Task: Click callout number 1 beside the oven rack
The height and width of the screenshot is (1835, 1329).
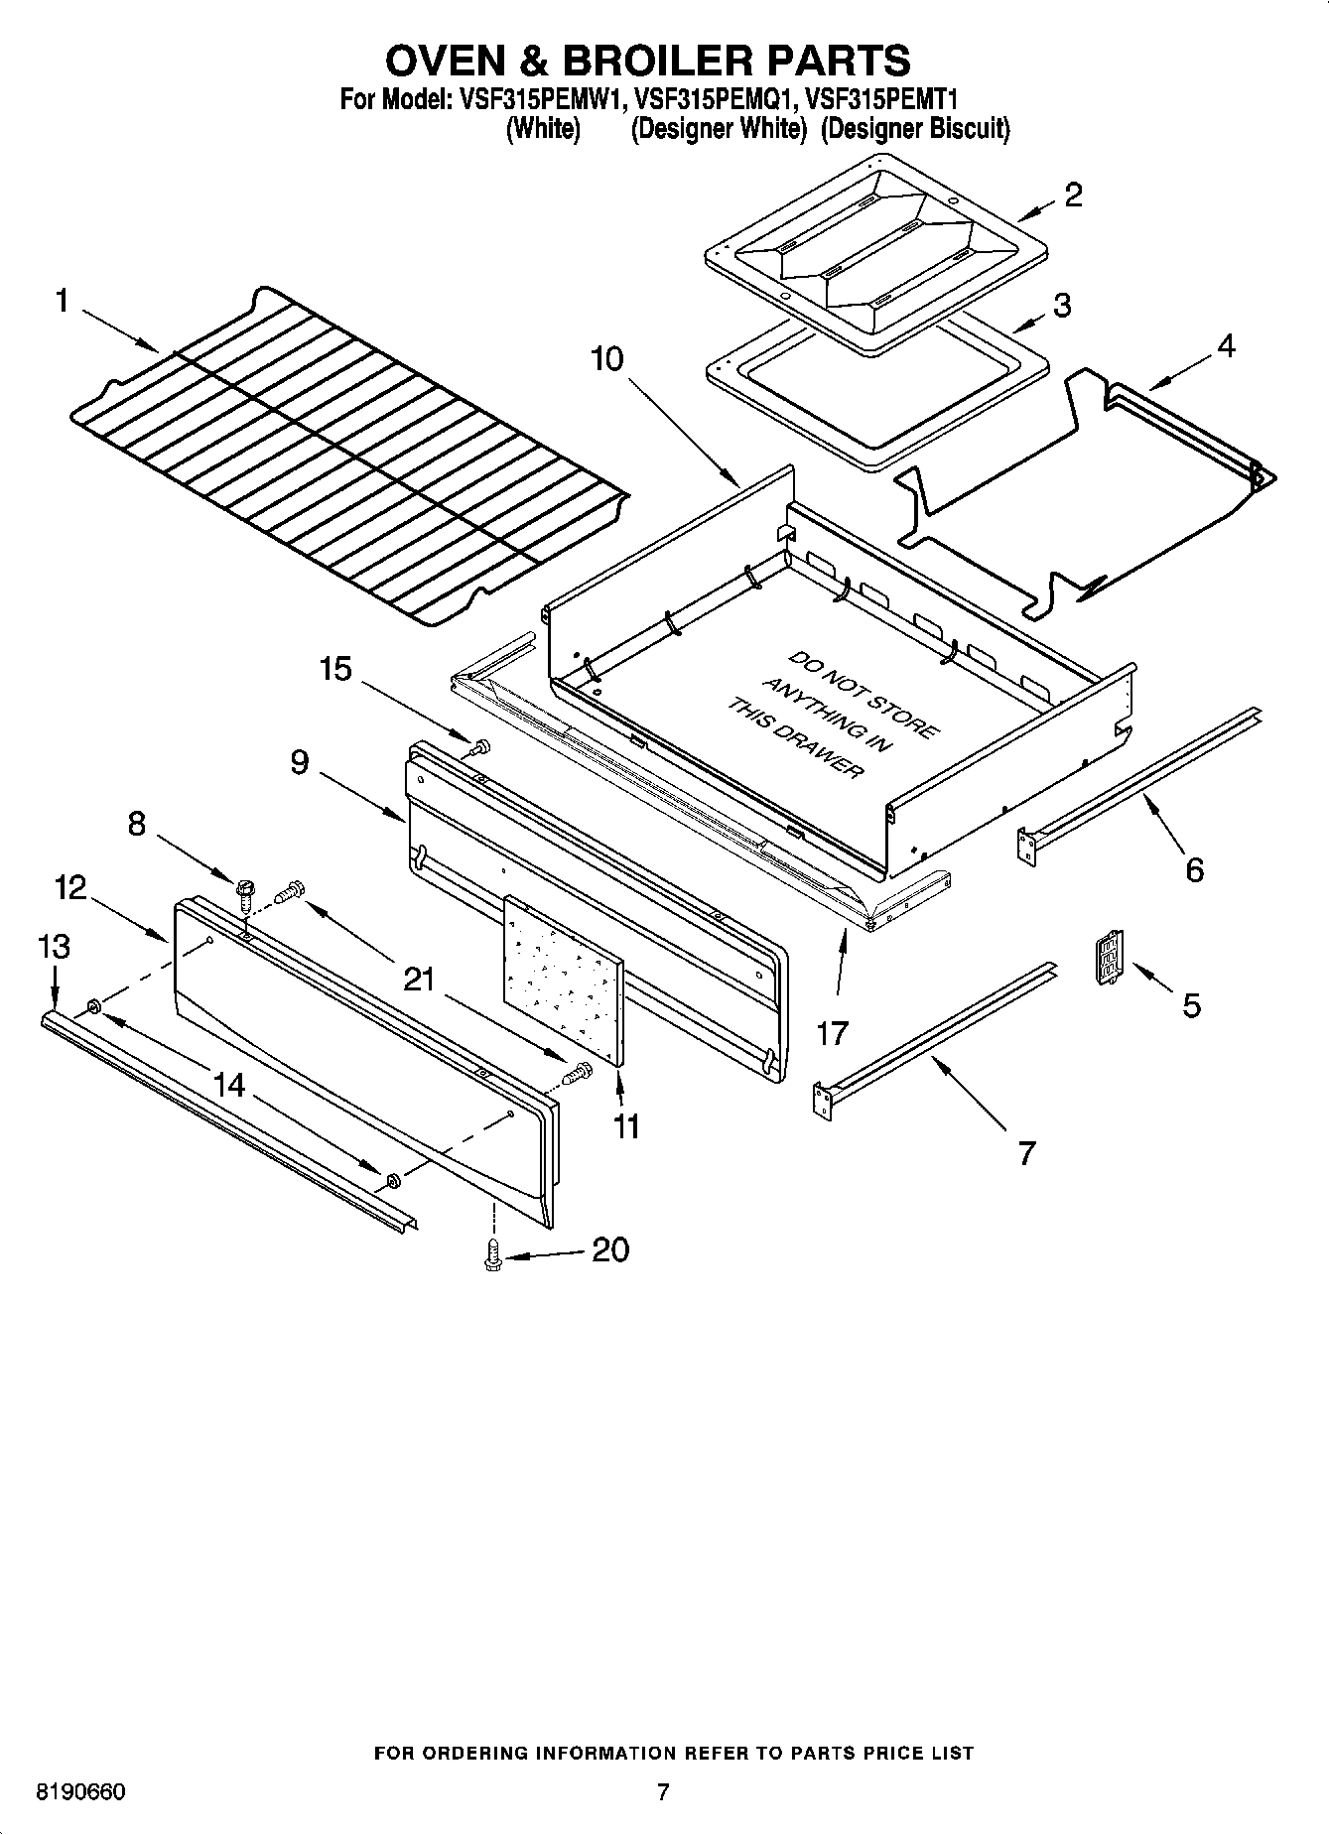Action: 62,300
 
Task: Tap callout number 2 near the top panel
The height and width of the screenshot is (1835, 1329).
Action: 1073,195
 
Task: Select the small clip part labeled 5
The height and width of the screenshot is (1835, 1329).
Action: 1108,959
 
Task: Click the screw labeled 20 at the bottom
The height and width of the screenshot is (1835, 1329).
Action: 490,1256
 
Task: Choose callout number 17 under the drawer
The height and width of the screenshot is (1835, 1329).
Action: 832,1033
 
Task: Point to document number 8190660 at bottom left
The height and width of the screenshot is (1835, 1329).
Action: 80,1792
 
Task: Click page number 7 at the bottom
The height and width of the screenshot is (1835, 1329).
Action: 663,1791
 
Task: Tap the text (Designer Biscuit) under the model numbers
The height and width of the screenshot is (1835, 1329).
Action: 914,129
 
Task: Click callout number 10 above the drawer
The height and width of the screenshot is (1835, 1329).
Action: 606,358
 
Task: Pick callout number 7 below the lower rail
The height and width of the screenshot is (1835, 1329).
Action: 1026,1152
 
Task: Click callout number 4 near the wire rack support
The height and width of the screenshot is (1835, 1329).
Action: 1226,346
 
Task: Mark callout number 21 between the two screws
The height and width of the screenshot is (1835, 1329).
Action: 419,980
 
